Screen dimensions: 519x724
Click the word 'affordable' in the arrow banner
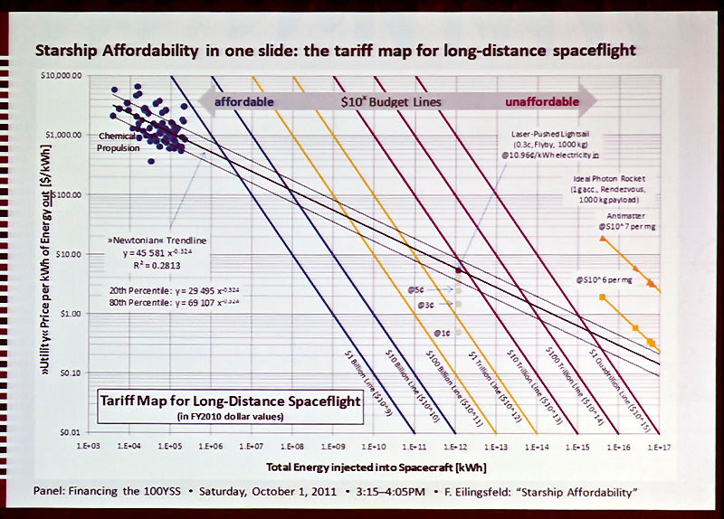(x=244, y=101)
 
